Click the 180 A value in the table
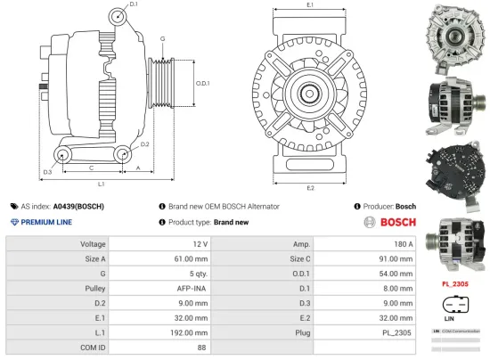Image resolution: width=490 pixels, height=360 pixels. pyautogui.click(x=404, y=243)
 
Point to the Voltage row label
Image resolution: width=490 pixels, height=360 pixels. pyautogui.click(x=93, y=243)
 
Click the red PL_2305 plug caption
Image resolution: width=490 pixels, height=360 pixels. pyautogui.click(x=456, y=284)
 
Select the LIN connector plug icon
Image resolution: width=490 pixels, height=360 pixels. pyautogui.click(x=454, y=303)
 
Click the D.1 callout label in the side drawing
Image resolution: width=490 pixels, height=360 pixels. pyautogui.click(x=134, y=5)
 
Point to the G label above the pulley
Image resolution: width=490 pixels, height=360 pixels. pyautogui.click(x=161, y=39)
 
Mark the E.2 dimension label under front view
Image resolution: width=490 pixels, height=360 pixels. pyautogui.click(x=309, y=187)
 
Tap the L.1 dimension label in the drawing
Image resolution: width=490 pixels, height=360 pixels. pyautogui.click(x=102, y=184)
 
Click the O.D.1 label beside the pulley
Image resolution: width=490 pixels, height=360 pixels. pyautogui.click(x=202, y=84)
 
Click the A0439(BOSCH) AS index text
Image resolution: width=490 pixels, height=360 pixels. pyautogui.click(x=78, y=206)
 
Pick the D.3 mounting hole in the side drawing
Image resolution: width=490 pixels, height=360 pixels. pyautogui.click(x=61, y=157)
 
